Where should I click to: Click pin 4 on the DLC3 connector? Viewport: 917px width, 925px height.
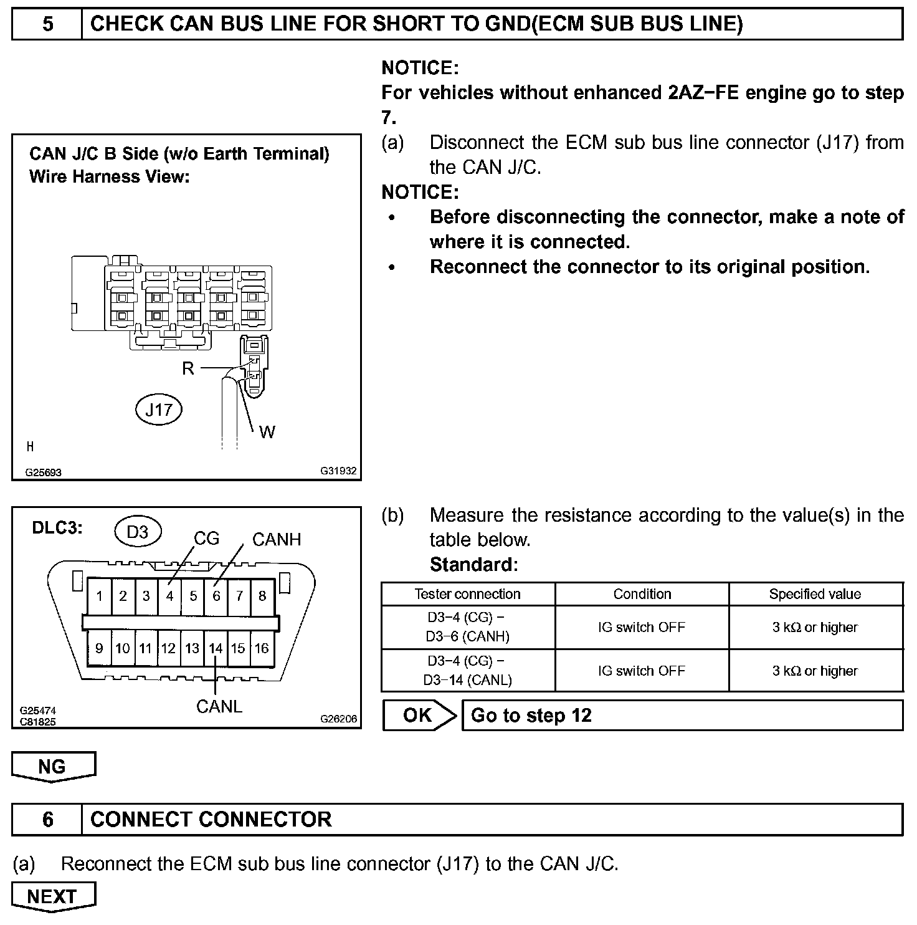(x=169, y=596)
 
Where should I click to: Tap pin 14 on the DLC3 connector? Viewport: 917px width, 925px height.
(x=216, y=648)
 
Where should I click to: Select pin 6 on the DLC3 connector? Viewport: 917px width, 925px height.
(x=216, y=596)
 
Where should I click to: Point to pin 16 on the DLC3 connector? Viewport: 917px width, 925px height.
(x=262, y=648)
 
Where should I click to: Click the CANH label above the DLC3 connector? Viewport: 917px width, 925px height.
(x=277, y=540)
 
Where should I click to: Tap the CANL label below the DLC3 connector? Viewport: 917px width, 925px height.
(x=219, y=707)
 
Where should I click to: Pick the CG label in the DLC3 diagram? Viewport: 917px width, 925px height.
(x=206, y=539)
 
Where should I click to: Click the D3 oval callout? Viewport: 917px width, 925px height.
(x=138, y=532)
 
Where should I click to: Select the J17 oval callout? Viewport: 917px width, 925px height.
(x=159, y=410)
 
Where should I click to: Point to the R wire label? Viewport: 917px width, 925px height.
(x=188, y=368)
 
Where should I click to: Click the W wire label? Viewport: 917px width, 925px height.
(x=267, y=432)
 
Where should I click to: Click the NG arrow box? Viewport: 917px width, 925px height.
(x=53, y=766)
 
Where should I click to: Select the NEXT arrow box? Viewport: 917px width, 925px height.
(x=53, y=896)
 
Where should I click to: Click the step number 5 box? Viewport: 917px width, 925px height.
(x=47, y=24)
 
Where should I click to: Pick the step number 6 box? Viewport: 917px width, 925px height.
(x=47, y=819)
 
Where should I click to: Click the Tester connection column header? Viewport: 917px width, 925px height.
(x=468, y=594)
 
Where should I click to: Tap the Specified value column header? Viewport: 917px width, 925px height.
(x=815, y=594)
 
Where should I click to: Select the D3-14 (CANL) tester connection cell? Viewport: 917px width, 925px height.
(x=468, y=671)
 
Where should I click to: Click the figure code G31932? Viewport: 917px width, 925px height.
(x=338, y=471)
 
